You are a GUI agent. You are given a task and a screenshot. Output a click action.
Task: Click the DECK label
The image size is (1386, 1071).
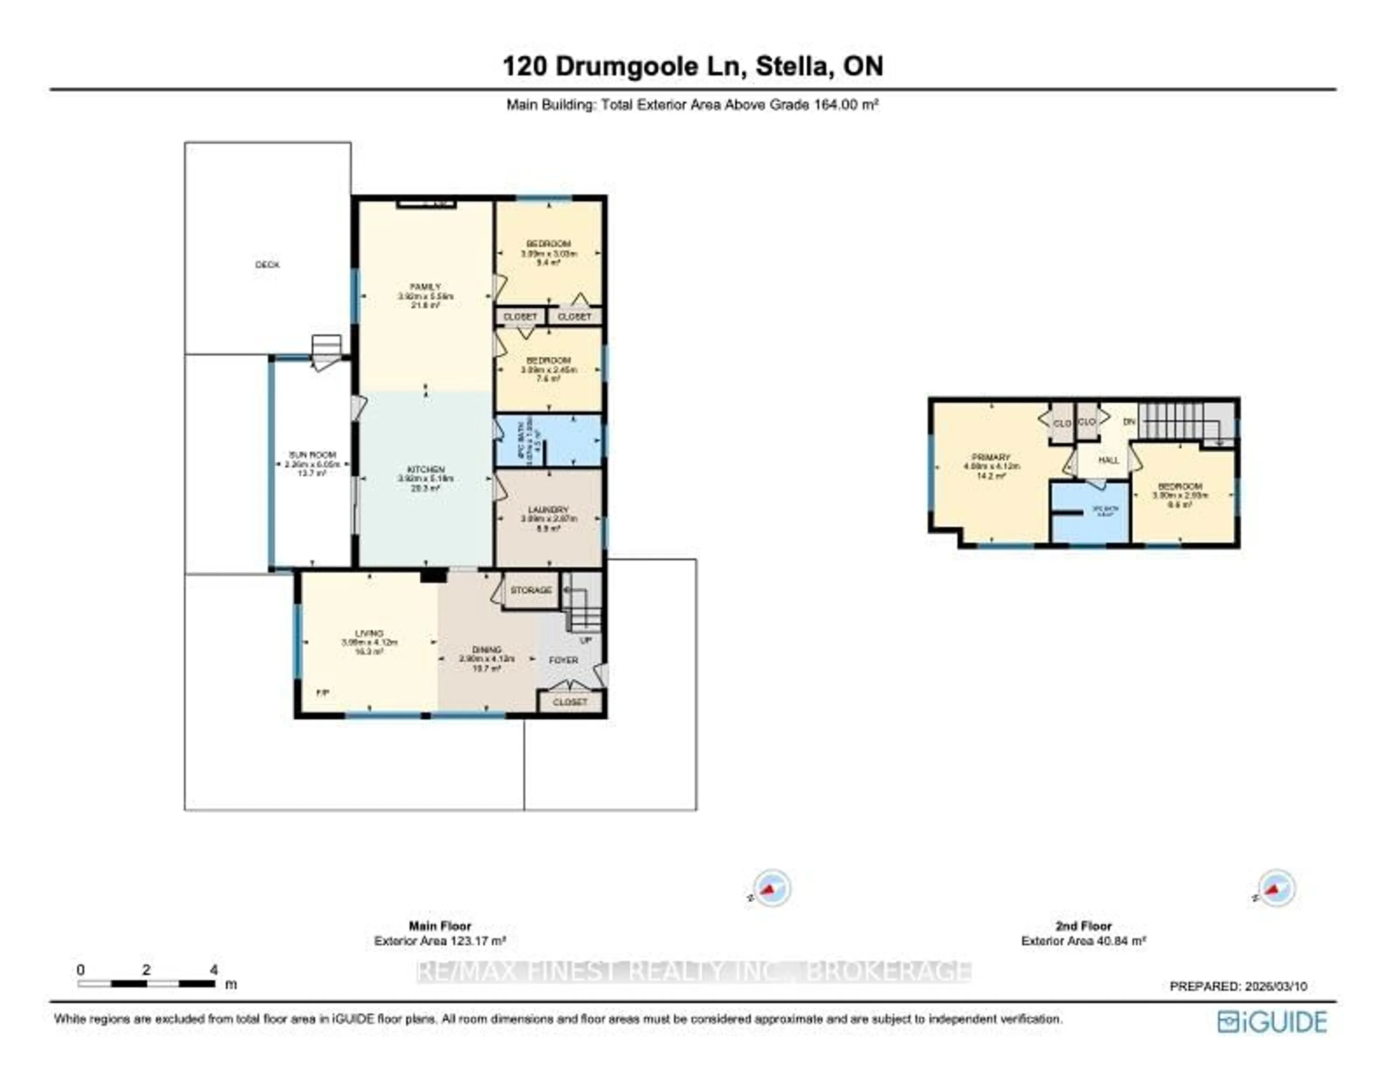coord(267,265)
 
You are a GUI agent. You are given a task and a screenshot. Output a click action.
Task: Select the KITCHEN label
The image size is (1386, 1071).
coord(425,470)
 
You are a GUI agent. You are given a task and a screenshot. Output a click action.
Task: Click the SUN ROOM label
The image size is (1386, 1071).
coord(312,455)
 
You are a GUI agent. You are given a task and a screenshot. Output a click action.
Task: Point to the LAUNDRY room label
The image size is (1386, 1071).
coord(548,510)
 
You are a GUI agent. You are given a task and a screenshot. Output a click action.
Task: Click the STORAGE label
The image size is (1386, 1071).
coord(531,591)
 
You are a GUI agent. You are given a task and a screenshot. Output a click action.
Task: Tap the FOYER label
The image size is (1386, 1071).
coord(563,660)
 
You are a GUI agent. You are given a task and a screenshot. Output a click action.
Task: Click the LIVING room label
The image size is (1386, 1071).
coord(369,634)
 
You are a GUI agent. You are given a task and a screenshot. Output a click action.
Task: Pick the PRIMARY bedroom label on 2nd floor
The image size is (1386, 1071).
coord(991,458)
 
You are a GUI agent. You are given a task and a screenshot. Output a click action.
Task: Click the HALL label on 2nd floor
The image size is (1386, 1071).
coord(1109,460)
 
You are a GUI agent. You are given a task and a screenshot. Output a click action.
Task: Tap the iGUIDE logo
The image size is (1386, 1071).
coord(1272,1022)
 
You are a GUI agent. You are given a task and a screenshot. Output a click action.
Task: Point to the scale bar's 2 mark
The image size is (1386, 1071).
coord(147,970)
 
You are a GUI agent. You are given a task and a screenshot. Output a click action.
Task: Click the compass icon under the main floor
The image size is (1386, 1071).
coord(771,888)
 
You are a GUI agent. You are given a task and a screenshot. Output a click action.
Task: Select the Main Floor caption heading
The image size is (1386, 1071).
coord(439,926)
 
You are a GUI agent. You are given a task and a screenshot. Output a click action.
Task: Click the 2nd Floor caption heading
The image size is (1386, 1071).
coord(1083,926)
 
